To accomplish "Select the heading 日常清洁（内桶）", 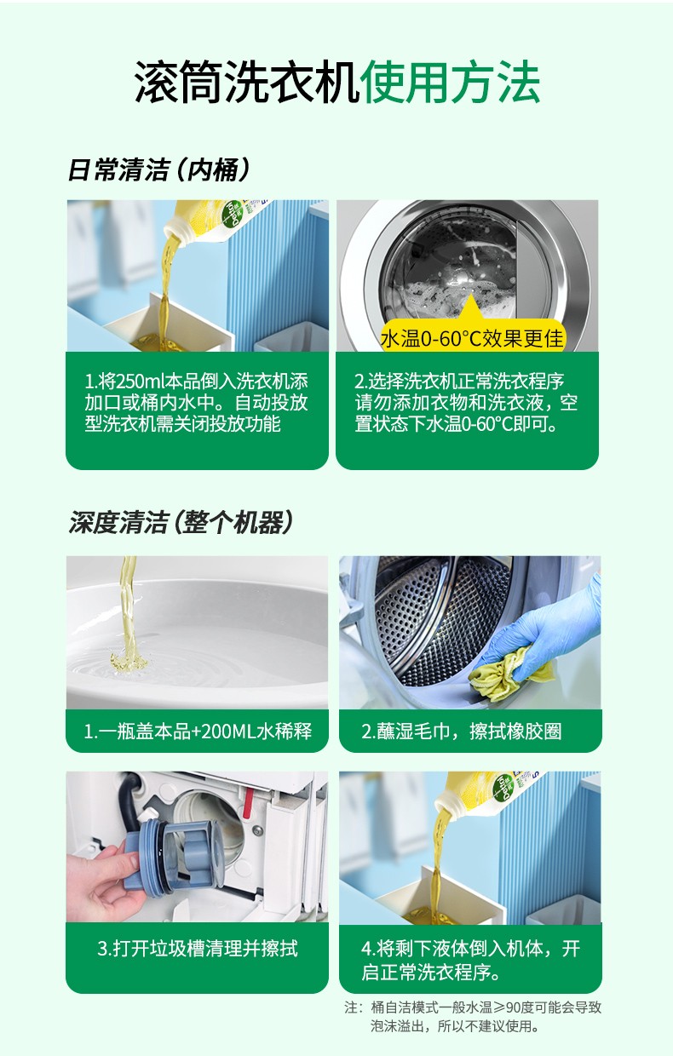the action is click(x=158, y=169).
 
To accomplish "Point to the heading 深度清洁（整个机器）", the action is click(x=181, y=522).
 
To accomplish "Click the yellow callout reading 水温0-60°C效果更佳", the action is click(x=472, y=338).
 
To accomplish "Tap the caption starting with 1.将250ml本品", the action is click(x=197, y=402).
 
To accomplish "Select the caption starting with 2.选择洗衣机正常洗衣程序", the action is click(x=467, y=402).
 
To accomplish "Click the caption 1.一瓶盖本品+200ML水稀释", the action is click(x=198, y=732).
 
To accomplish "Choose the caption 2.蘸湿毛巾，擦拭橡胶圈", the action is click(x=461, y=732).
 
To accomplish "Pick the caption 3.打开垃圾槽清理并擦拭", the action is click(x=198, y=948).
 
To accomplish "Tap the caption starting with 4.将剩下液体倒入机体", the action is click(x=470, y=960).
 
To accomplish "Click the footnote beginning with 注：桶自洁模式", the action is click(x=473, y=1018).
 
